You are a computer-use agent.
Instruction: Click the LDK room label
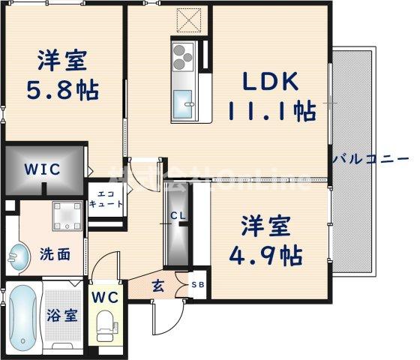click(270, 80)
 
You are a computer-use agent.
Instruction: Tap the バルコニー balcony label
click(370, 160)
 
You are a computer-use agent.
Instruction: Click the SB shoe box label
click(198, 285)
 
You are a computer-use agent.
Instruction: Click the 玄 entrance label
click(159, 285)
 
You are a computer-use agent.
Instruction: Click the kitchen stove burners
click(184, 56)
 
